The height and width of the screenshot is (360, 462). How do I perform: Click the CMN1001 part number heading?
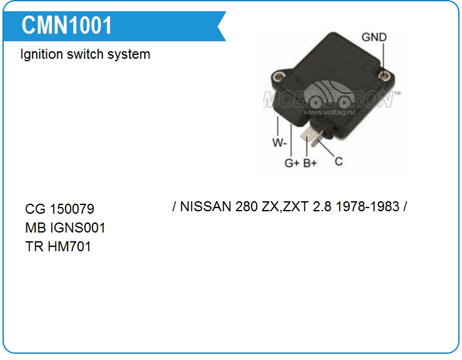pos(67,26)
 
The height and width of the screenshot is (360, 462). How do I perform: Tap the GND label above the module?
pos(374,37)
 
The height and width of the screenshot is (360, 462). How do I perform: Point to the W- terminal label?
pos(279,142)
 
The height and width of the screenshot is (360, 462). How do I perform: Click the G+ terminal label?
pos(292,163)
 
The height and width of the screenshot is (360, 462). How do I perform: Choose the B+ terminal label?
pos(310,163)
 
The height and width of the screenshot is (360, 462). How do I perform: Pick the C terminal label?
pos(338,161)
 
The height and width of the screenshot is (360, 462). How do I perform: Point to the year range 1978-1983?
pos(367,206)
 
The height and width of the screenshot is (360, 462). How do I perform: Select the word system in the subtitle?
pos(130,54)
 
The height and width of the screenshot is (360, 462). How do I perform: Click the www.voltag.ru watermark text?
pos(331,112)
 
